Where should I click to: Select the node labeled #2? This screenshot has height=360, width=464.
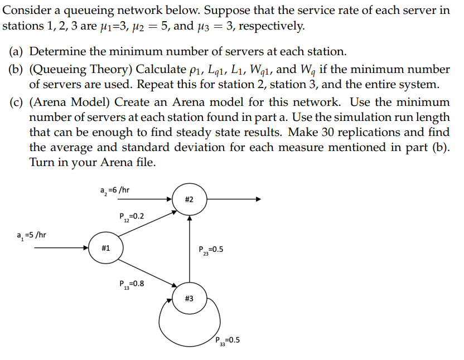point(189,200)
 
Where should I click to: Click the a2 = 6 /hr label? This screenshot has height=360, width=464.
point(115,190)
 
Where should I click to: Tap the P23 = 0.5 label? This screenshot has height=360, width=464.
point(211,250)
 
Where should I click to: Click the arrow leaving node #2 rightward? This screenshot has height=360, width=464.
point(234,200)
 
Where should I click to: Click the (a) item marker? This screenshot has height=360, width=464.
point(16,52)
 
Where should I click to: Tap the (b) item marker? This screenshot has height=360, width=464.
point(16,70)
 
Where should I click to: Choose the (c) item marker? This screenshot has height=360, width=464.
point(16,103)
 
